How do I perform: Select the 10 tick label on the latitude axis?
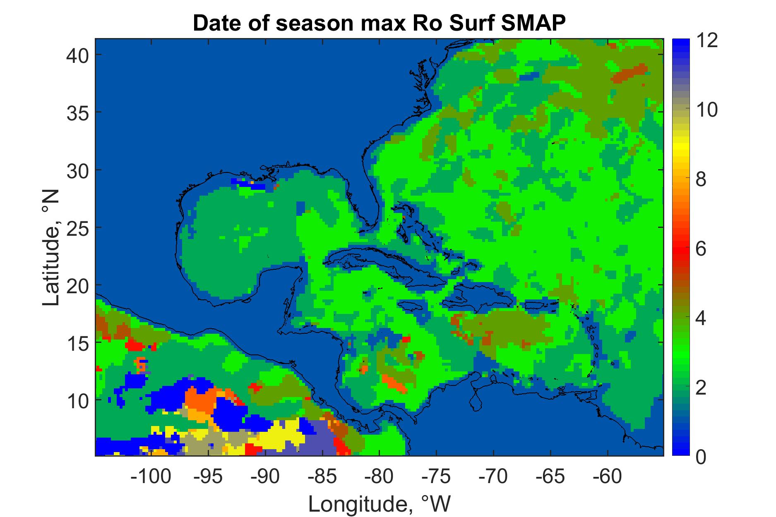(x=77, y=400)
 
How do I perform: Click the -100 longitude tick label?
(x=151, y=477)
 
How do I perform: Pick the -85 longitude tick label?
(x=322, y=477)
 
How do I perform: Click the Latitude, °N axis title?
(x=51, y=248)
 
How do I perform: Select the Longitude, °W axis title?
(x=379, y=504)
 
